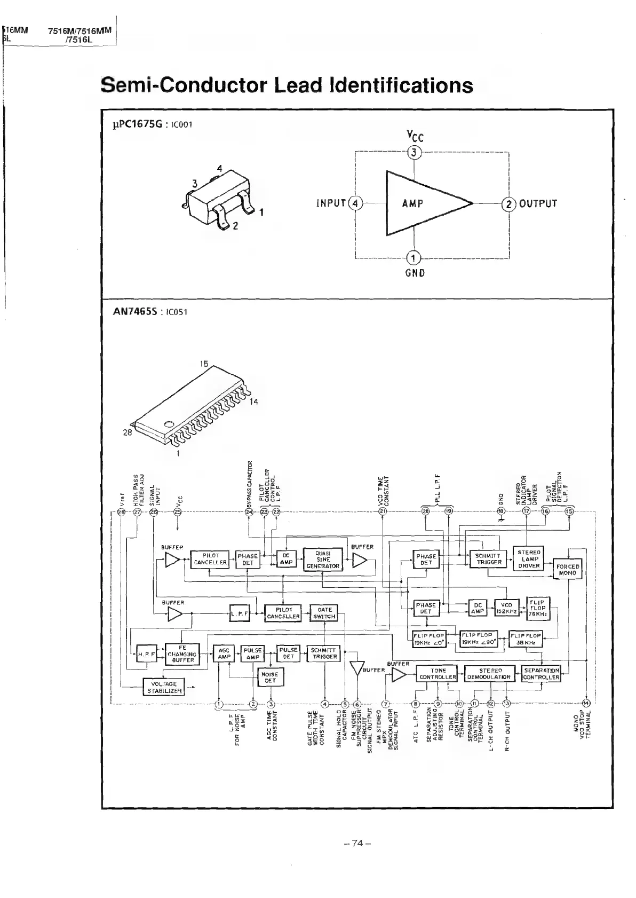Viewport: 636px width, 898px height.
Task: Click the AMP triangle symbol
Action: click(422, 203)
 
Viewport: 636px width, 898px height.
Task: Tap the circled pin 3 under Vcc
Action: click(415, 153)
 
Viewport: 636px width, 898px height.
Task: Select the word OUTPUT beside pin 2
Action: click(538, 203)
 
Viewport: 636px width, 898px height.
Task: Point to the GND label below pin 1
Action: click(415, 273)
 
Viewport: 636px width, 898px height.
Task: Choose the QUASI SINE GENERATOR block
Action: click(323, 560)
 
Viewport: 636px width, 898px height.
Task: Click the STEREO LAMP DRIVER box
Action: click(529, 559)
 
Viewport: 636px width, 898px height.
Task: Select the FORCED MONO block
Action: click(567, 570)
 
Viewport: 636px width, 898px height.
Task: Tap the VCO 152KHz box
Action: click(507, 608)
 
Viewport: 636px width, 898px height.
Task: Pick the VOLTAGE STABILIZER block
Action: click(164, 687)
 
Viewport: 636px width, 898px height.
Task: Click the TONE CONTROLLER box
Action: click(438, 674)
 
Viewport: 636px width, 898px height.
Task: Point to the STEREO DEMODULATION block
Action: click(490, 674)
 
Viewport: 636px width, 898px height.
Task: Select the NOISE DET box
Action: click(271, 678)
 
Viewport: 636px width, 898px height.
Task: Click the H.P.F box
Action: click(145, 654)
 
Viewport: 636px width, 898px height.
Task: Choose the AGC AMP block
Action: click(224, 653)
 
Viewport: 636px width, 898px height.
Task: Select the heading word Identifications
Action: click(401, 85)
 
